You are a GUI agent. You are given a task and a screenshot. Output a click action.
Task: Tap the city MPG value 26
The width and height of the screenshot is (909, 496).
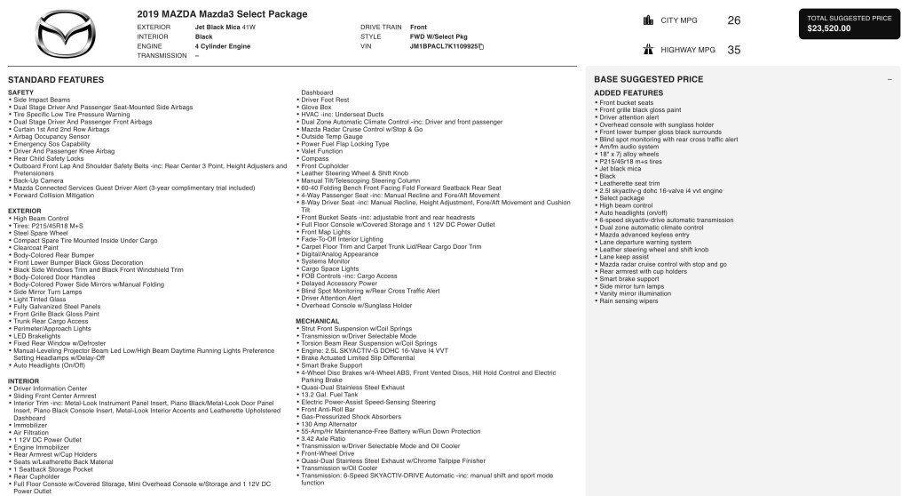(x=733, y=20)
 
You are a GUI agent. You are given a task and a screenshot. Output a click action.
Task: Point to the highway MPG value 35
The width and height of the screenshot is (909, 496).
(x=733, y=50)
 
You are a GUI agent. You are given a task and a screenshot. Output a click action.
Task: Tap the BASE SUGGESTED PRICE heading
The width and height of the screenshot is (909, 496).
(x=640, y=80)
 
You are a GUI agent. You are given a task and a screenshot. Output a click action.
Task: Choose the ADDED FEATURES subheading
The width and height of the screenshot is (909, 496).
(x=628, y=92)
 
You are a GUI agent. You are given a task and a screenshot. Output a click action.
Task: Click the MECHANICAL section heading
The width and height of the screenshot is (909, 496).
(x=317, y=320)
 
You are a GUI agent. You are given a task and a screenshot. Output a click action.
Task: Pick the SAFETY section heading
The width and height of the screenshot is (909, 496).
(x=20, y=92)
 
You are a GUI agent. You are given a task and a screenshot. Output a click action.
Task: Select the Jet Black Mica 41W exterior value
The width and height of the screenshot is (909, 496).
(x=224, y=28)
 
